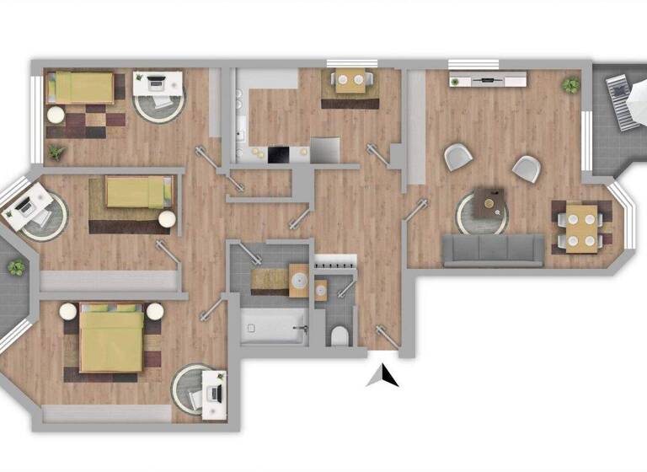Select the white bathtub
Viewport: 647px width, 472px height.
pos(272,325)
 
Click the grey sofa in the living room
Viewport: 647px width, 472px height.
pos(493,248)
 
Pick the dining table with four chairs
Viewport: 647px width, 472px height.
pos(581,227)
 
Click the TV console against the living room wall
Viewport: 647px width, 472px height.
pos(489,82)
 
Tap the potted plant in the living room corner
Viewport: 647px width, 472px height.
pos(571,85)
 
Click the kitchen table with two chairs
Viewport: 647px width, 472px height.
pos(349,83)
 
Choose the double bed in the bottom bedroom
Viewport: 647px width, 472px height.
pos(111,341)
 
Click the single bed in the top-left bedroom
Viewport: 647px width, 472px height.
pos(81,87)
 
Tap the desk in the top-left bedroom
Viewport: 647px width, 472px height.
pos(158,83)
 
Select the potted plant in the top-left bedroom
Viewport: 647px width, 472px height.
pos(56,153)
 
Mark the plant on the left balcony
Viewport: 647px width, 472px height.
pos(16,268)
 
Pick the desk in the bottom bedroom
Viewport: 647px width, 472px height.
pos(213,393)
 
